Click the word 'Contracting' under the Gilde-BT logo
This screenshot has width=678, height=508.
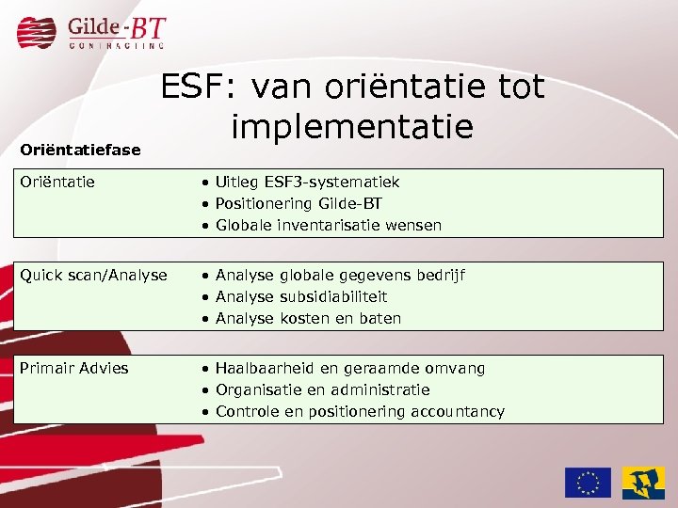click(x=116, y=44)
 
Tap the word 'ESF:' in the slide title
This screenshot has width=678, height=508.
click(x=191, y=87)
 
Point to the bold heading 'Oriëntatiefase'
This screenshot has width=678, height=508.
click(x=80, y=150)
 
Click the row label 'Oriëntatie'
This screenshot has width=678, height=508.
click(x=56, y=182)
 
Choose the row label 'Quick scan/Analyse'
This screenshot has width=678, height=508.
click(x=93, y=275)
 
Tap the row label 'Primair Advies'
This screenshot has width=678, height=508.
click(x=73, y=368)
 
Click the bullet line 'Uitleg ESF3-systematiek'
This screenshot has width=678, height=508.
click(x=307, y=182)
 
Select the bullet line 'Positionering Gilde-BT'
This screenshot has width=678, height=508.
click(x=299, y=203)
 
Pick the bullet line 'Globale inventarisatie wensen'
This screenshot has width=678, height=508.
click(x=328, y=225)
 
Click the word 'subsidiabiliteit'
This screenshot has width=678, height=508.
click(x=334, y=296)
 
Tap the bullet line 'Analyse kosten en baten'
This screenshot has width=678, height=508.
click(x=308, y=318)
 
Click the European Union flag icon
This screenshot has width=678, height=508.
click(x=588, y=482)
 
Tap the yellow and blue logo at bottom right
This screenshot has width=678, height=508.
click(x=643, y=482)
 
